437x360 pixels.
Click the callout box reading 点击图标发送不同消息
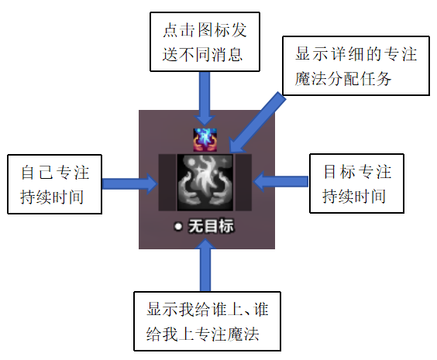(x=205, y=42)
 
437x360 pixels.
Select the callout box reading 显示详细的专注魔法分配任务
(x=356, y=66)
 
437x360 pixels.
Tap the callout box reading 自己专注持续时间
(x=54, y=184)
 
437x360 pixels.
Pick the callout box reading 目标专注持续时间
(x=356, y=183)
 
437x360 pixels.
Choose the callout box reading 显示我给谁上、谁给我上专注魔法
(x=207, y=321)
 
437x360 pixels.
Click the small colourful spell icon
(x=205, y=140)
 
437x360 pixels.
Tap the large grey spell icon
(x=205, y=183)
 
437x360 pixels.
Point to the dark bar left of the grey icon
(x=167, y=183)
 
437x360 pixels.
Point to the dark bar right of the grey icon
(x=243, y=183)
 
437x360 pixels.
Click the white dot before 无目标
(x=177, y=226)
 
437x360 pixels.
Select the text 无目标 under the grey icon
(x=211, y=226)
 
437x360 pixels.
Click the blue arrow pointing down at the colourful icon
(x=205, y=98)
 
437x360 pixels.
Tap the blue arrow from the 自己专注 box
(x=130, y=183)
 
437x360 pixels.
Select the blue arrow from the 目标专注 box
(x=280, y=181)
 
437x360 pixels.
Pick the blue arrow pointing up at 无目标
(x=205, y=266)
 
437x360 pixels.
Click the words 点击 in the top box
(x=179, y=29)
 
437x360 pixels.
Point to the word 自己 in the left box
(x=37, y=173)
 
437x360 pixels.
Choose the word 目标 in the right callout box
(x=339, y=172)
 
